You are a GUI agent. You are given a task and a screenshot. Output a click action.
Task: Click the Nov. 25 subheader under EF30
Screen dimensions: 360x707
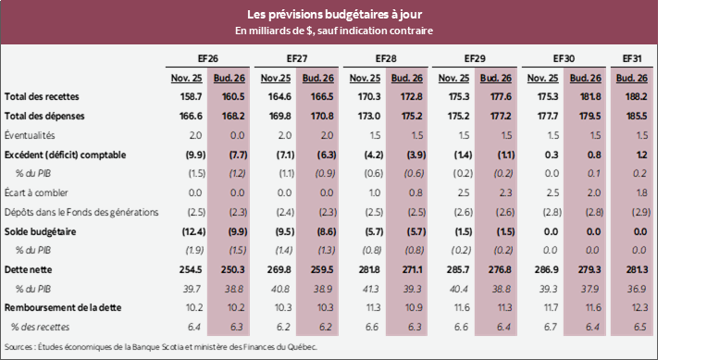(541, 77)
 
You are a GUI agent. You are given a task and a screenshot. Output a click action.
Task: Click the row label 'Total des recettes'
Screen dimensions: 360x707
(42, 96)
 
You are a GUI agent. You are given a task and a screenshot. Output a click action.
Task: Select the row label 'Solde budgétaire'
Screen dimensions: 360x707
(40, 231)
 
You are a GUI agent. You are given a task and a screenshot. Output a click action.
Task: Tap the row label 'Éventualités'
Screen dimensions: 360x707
(31, 134)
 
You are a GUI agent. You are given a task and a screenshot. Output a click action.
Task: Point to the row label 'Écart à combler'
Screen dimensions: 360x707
(38, 192)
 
